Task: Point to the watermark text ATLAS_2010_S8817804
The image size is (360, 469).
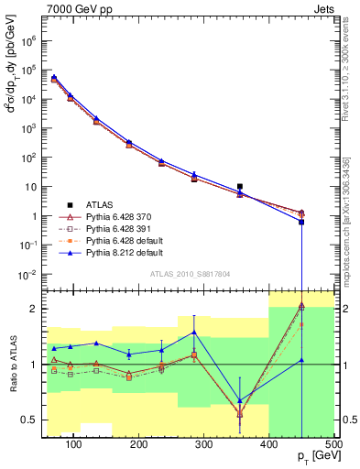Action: (x=190, y=274)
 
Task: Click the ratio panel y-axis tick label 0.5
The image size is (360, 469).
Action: (x=34, y=420)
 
